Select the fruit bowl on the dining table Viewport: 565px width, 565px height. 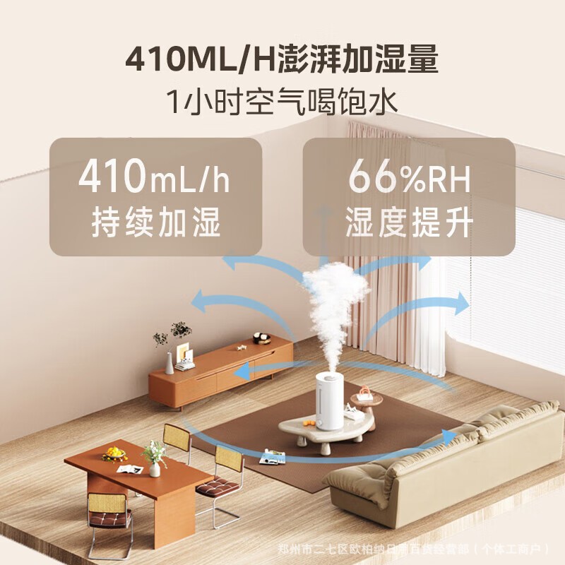(x=114, y=453)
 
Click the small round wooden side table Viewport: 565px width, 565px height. (x=366, y=400)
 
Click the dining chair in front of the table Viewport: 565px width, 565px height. (x=109, y=516)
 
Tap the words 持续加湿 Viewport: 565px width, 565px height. (x=156, y=223)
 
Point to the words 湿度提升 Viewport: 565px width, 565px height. (x=409, y=223)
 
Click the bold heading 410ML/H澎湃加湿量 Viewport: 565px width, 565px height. (x=282, y=60)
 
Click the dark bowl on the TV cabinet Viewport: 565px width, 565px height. (x=262, y=338)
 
